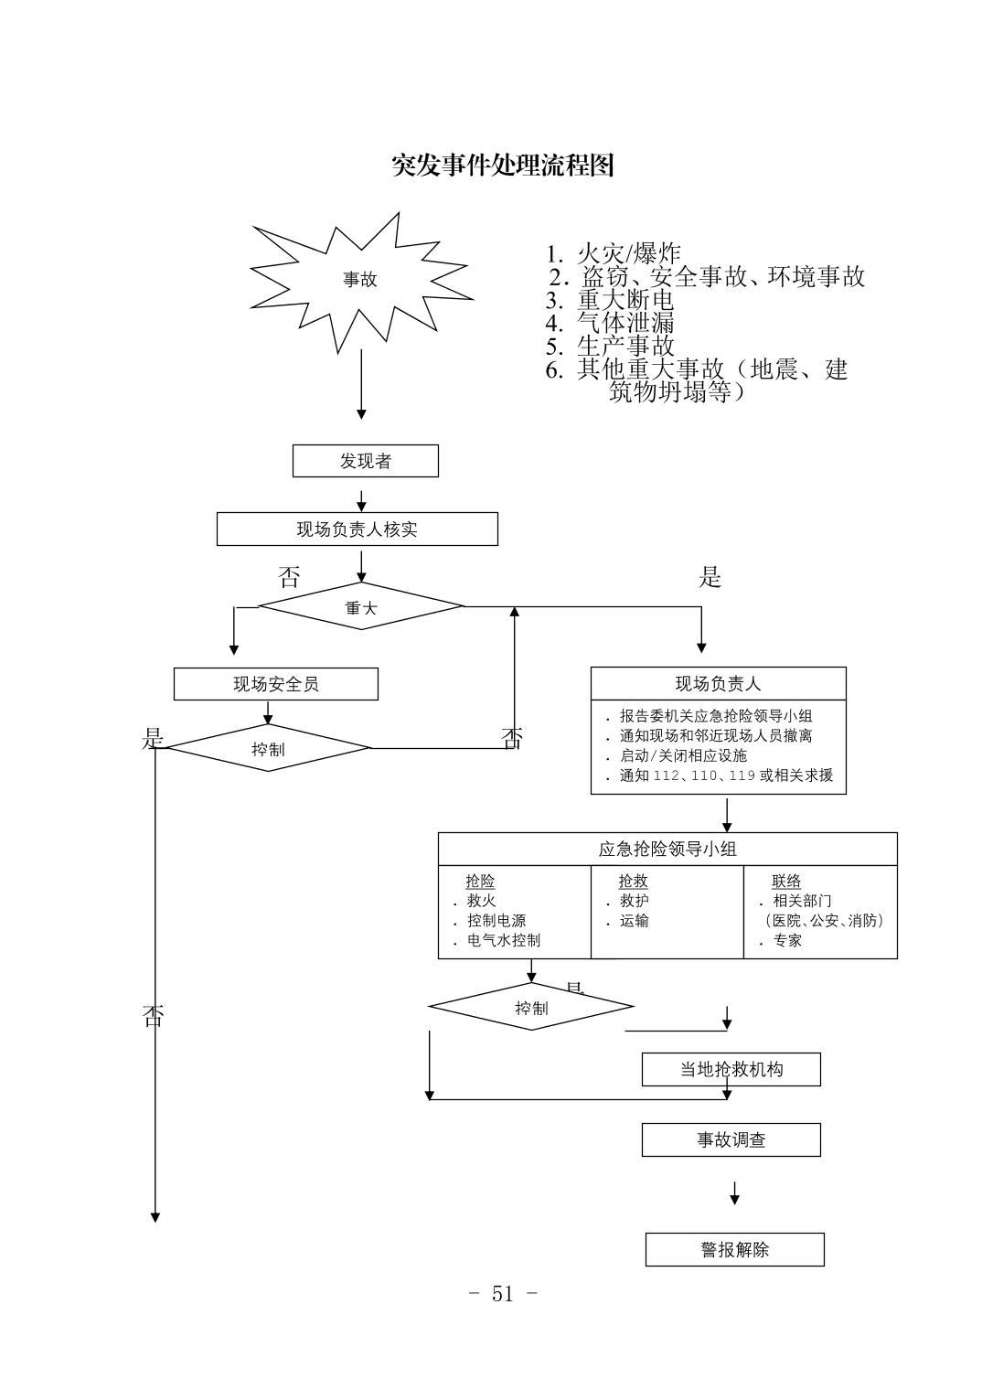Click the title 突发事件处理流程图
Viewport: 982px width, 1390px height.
coord(502,166)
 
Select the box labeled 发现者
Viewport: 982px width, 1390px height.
coord(365,461)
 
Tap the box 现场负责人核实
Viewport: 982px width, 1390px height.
coord(357,529)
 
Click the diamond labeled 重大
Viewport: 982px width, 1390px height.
coord(360,606)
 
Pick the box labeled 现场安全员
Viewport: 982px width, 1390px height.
coord(275,684)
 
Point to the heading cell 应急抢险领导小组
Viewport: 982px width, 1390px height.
coord(667,849)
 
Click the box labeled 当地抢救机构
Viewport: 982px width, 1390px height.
coord(731,1069)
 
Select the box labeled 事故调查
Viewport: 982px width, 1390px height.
coord(731,1139)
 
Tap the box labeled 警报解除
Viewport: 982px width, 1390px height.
coord(734,1249)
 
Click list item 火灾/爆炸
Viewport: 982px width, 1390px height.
coord(628,254)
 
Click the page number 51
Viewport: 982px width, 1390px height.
coord(502,1293)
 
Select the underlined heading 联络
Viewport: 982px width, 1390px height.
coord(786,881)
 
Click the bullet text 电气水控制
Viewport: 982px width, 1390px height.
coord(503,940)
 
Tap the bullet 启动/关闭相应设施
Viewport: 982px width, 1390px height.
coord(683,755)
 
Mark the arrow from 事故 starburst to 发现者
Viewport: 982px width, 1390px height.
coord(361,384)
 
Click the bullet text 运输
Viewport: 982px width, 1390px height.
coord(634,921)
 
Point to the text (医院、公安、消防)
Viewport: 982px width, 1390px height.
coord(823,921)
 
